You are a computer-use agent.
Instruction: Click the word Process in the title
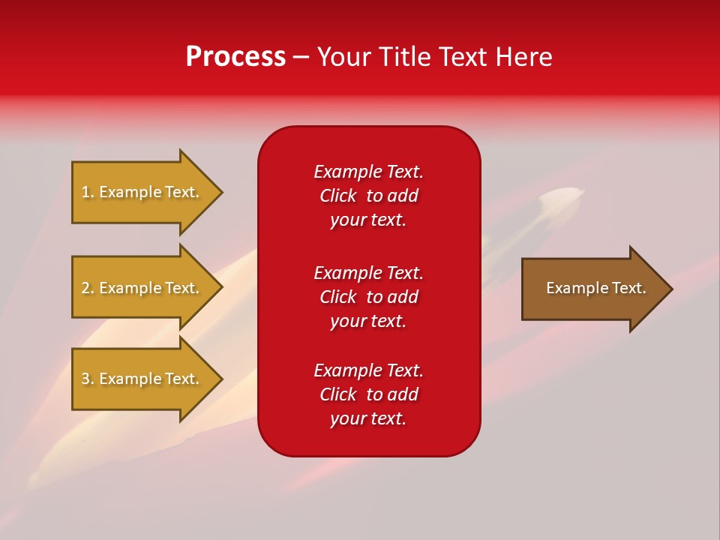click(x=235, y=57)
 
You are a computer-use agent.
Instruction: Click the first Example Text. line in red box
click(x=368, y=172)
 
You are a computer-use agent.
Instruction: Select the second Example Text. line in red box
click(x=368, y=273)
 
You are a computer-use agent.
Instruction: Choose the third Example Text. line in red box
click(x=368, y=370)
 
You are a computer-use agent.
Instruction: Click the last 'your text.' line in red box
click(x=368, y=418)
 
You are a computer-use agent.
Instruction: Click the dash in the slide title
click(x=301, y=58)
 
